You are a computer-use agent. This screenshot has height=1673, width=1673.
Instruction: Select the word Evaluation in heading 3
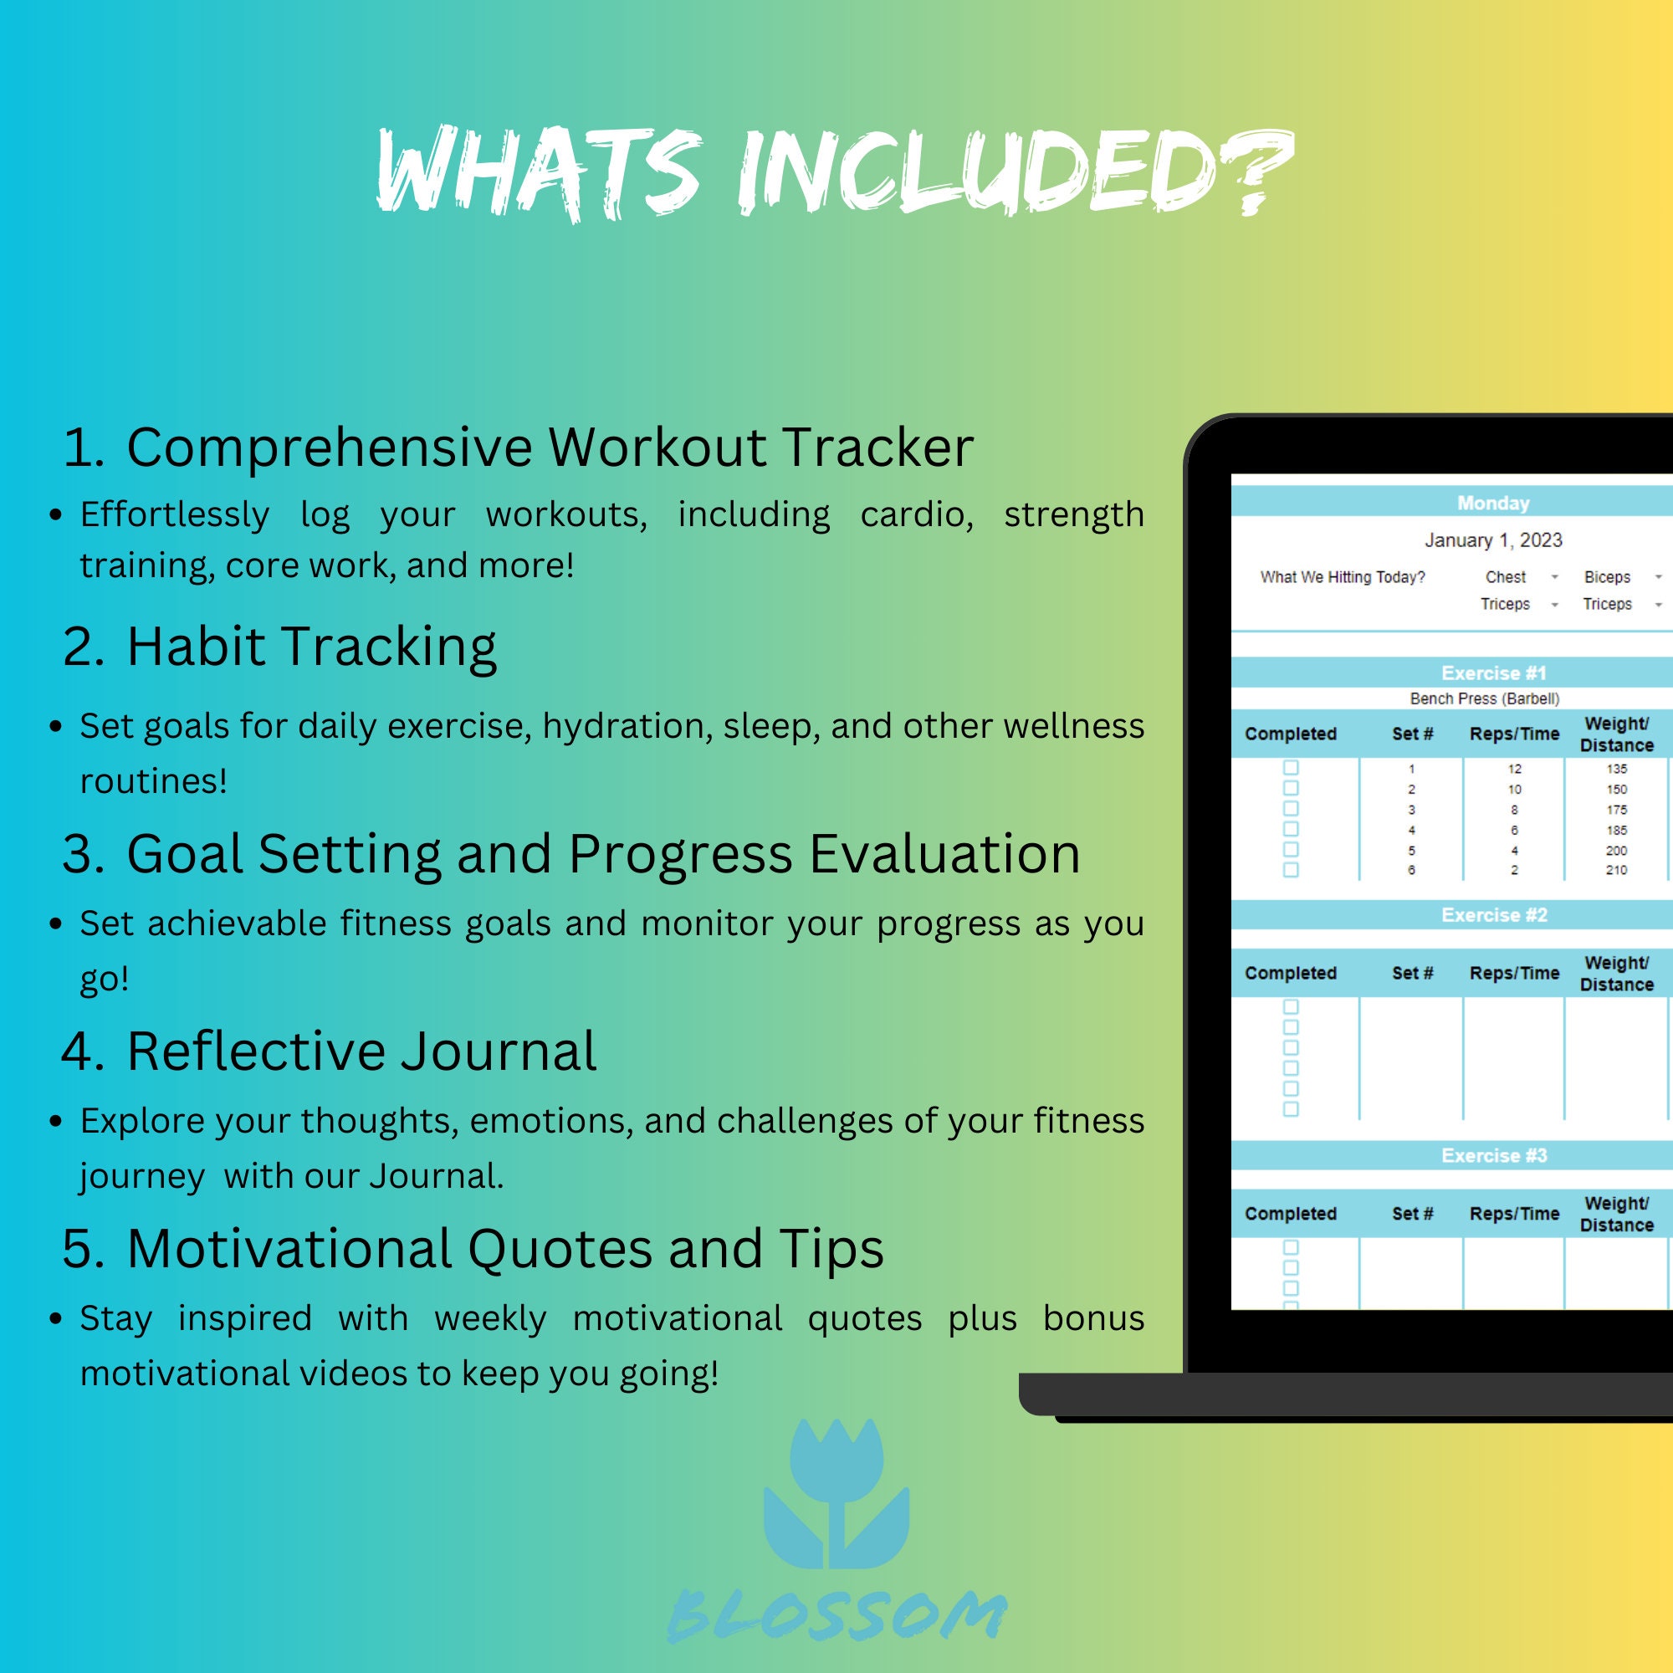[944, 855]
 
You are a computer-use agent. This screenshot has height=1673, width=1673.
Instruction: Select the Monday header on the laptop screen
[1493, 503]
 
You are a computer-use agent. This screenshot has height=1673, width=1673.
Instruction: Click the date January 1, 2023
[1493, 540]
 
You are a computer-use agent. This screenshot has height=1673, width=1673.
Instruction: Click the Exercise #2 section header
[1494, 915]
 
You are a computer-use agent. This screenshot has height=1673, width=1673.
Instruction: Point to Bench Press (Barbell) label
[1484, 698]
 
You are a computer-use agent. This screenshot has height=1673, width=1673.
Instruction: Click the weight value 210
[1616, 870]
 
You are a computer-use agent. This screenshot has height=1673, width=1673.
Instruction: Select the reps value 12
[1514, 769]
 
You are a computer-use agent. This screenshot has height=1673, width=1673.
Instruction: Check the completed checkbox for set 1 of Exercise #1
[1290, 768]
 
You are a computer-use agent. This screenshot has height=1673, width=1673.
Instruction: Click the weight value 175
[1616, 810]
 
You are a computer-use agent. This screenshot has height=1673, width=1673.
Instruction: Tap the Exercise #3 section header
[1494, 1156]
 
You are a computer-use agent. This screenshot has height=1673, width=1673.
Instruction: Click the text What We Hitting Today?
[1343, 577]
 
